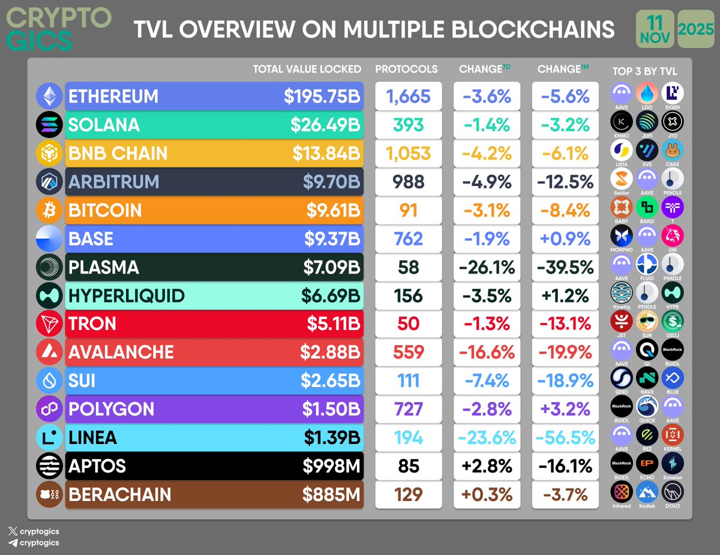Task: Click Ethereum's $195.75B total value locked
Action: pyautogui.click(x=322, y=97)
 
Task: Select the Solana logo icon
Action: pyautogui.click(x=50, y=125)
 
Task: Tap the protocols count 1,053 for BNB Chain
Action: pyautogui.click(x=409, y=154)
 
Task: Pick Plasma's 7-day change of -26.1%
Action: pyautogui.click(x=485, y=268)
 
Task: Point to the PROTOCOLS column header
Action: pyautogui.click(x=406, y=69)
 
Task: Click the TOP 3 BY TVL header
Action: pyautogui.click(x=645, y=71)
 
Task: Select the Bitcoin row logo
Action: pyautogui.click(x=50, y=211)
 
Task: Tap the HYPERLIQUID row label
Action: pyautogui.click(x=127, y=296)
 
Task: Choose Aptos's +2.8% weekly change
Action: pyautogui.click(x=485, y=466)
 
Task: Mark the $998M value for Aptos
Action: pyautogui.click(x=331, y=466)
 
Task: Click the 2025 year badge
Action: pyautogui.click(x=696, y=29)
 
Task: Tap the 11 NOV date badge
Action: pyautogui.click(x=654, y=28)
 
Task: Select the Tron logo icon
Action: pyautogui.click(x=50, y=325)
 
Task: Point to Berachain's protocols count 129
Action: pyautogui.click(x=409, y=495)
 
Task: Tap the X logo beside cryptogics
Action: pyautogui.click(x=13, y=532)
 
